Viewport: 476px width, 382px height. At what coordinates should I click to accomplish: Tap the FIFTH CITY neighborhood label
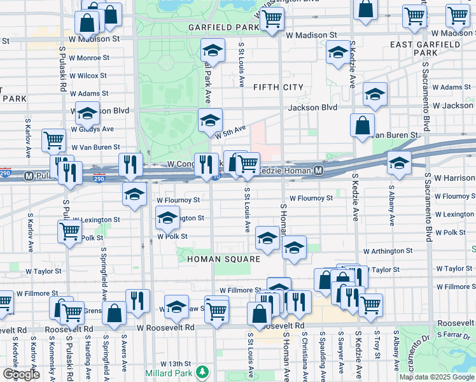click(278, 87)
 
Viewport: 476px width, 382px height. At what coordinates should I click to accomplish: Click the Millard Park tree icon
click(202, 371)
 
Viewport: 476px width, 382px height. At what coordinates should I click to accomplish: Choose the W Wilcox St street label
click(88, 75)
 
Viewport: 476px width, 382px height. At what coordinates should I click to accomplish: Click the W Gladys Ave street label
click(92, 129)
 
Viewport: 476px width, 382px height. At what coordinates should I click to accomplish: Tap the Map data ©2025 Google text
click(436, 377)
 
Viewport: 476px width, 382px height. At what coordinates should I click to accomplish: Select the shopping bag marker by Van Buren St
click(362, 125)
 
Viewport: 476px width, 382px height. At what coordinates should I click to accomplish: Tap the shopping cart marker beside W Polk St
click(69, 232)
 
